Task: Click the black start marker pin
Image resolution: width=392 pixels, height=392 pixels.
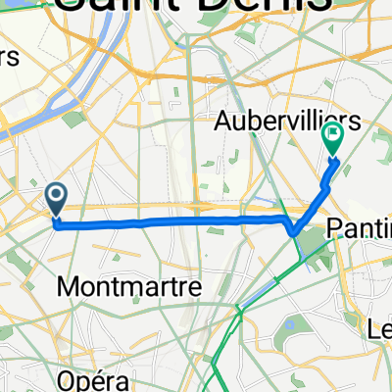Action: click(x=56, y=200)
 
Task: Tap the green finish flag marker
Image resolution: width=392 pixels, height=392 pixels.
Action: click(x=333, y=143)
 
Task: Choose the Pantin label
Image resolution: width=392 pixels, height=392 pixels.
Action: click(x=359, y=228)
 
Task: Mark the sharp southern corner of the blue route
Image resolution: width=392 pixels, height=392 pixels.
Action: click(x=294, y=232)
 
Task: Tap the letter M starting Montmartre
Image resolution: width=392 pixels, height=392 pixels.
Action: click(x=70, y=287)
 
